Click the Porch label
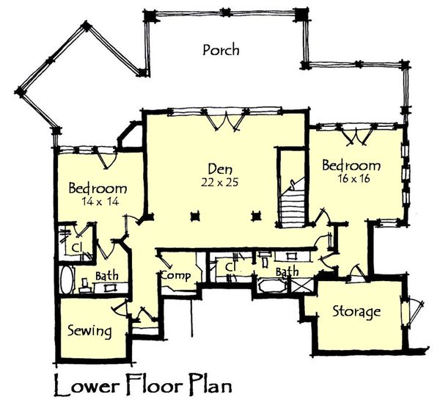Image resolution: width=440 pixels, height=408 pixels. (x=221, y=50)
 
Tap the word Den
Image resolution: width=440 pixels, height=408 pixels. (x=215, y=166)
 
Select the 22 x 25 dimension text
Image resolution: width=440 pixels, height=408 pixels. (x=215, y=180)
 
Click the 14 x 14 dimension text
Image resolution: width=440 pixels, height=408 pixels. (x=98, y=200)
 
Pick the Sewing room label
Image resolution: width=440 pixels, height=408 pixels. (x=90, y=331)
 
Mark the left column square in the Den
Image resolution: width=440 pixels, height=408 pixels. (x=195, y=216)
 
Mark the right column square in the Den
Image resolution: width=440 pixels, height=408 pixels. (x=257, y=216)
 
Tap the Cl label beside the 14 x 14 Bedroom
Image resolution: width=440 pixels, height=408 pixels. (x=76, y=247)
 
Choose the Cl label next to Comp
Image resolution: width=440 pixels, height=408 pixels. (x=229, y=268)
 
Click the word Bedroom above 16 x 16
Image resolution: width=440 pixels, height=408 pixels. (x=351, y=166)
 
